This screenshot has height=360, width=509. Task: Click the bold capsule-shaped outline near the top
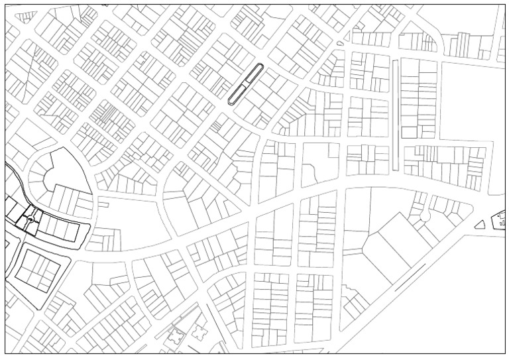pos(246,84)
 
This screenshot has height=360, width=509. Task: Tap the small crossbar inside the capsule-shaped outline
pos(245,86)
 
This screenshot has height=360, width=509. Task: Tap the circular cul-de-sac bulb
pos(424,216)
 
